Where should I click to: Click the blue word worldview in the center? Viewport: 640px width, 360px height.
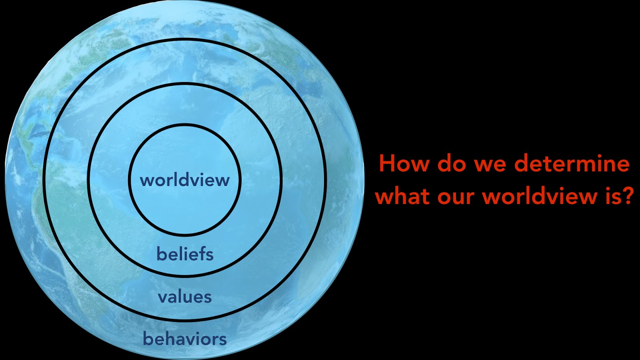click(184, 180)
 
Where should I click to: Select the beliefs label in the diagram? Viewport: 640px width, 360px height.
click(185, 254)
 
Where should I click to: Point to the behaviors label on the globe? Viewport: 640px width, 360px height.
click(184, 339)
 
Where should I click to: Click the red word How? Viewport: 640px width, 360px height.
click(404, 164)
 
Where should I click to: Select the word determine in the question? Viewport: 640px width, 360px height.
click(572, 164)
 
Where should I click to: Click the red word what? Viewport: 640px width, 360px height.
click(403, 196)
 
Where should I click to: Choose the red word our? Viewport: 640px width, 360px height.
click(456, 198)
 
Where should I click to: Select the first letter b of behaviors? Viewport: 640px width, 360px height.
click(148, 338)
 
